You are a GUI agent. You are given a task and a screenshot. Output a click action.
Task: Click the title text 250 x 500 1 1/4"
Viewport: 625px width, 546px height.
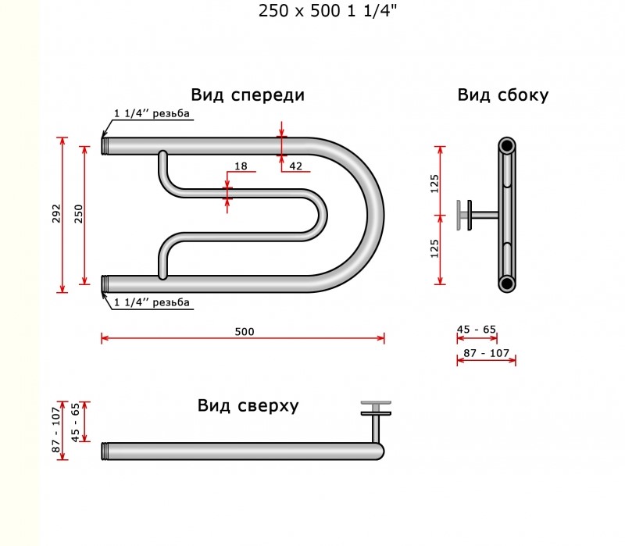(327, 11)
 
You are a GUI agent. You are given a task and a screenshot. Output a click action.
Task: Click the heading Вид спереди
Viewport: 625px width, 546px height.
(248, 95)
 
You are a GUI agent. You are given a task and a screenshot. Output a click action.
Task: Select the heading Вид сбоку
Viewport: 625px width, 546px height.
(502, 95)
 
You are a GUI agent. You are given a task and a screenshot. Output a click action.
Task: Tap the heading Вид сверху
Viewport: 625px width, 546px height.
(248, 405)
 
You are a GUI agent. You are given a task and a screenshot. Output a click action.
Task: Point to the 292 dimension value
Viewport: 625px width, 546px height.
(56, 213)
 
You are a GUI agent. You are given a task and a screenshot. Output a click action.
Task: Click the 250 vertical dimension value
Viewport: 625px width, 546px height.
(79, 213)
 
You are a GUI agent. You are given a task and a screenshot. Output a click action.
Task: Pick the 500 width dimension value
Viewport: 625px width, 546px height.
(245, 332)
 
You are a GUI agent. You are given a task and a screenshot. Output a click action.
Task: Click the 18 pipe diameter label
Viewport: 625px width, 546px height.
(241, 166)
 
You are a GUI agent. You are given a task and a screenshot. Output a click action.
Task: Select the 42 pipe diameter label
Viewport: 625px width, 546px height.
(295, 166)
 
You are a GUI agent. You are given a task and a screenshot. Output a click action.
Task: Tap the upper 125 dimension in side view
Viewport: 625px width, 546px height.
(434, 184)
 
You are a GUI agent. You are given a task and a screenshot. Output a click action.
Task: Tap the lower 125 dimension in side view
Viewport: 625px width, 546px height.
(434, 248)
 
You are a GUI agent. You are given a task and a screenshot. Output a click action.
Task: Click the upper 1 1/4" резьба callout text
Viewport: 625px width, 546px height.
(152, 113)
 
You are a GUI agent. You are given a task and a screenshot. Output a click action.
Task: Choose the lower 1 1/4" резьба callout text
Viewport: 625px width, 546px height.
(152, 302)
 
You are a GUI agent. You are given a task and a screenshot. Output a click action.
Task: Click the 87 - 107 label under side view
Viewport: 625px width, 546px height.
(486, 353)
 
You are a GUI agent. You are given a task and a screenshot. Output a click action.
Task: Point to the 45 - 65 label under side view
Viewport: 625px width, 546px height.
(477, 330)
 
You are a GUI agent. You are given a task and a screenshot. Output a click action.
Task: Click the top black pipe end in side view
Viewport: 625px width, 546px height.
(506, 146)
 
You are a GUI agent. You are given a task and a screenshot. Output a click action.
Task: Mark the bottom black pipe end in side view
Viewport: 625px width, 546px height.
(506, 284)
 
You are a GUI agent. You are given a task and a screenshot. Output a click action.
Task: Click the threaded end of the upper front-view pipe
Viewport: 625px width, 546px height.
(105, 146)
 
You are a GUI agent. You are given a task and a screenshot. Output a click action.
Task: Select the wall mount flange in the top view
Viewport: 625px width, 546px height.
(376, 408)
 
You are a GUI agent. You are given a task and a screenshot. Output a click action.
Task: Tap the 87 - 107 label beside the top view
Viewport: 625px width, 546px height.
(56, 430)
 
